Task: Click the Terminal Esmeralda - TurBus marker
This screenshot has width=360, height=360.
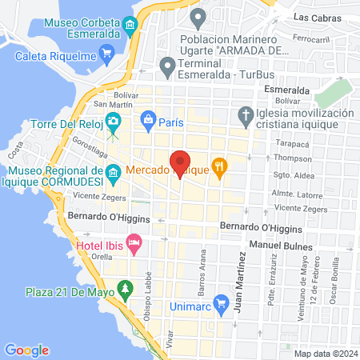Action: (167, 64)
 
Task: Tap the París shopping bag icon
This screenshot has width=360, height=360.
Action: (147, 122)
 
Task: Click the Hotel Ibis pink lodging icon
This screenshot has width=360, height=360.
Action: (134, 241)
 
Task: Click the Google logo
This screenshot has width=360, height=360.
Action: (26, 350)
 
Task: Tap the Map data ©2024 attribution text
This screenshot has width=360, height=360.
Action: (325, 354)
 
